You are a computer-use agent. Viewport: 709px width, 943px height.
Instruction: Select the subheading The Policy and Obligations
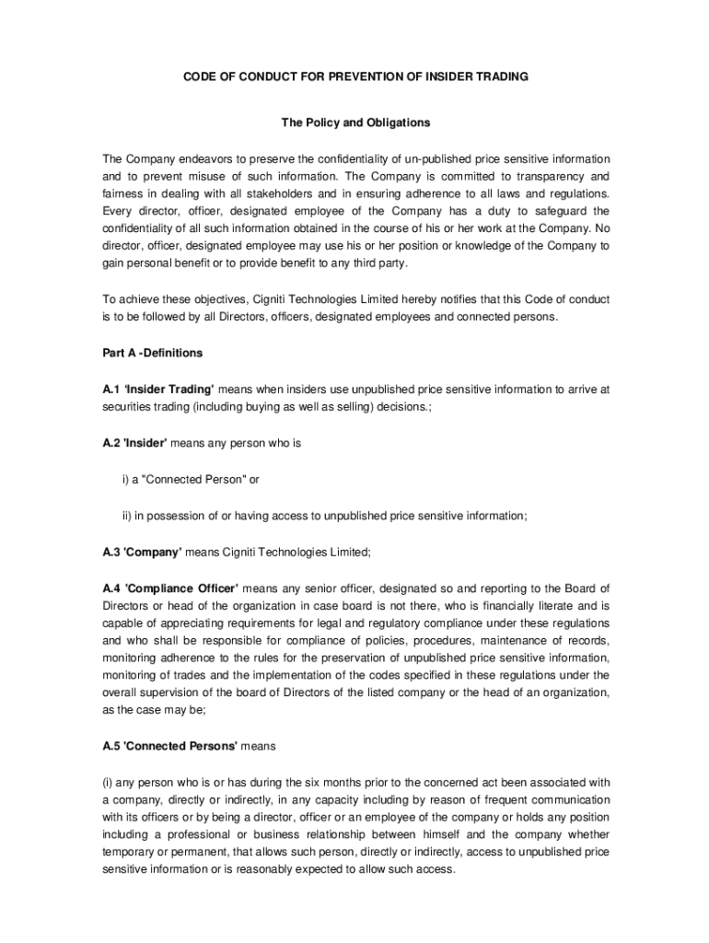click(354, 122)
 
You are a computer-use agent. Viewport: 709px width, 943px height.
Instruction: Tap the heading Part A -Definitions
click(152, 353)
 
